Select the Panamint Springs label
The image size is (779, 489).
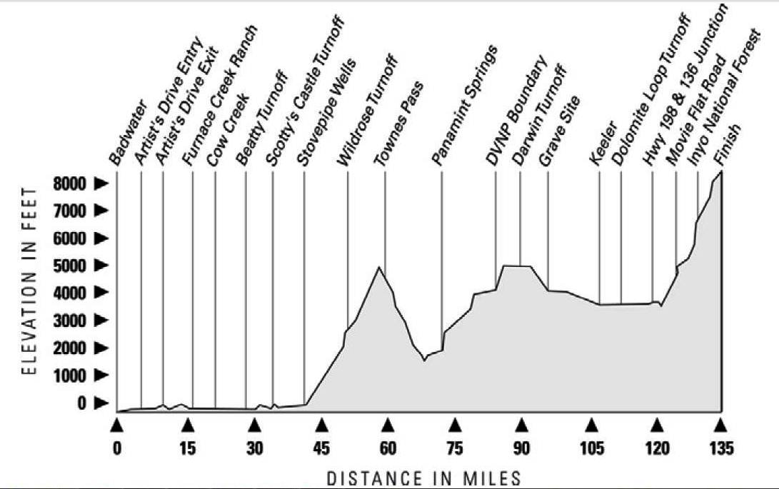click(466, 105)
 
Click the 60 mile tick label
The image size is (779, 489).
click(388, 448)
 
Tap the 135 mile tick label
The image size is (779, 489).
click(721, 448)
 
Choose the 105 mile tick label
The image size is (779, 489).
click(591, 448)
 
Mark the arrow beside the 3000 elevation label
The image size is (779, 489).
click(101, 321)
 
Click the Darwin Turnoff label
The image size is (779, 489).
click(540, 115)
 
